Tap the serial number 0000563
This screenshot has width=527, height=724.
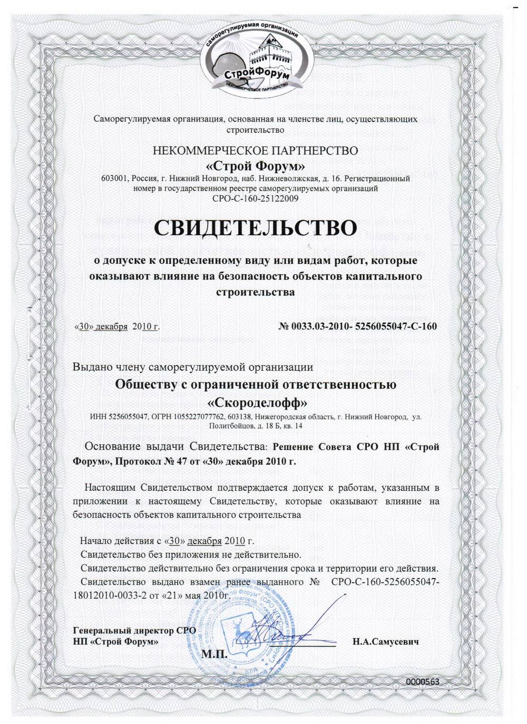click(422, 681)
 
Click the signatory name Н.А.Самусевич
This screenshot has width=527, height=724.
click(386, 642)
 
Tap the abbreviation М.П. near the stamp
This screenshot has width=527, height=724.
click(214, 654)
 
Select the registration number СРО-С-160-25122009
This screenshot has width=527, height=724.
click(255, 199)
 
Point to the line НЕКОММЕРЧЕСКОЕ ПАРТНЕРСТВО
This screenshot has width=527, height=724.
click(255, 151)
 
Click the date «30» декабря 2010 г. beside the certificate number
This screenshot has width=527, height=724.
click(117, 327)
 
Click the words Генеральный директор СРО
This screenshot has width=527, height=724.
click(135, 630)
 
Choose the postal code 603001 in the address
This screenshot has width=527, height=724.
click(114, 178)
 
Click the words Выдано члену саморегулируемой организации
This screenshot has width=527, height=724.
click(193, 367)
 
